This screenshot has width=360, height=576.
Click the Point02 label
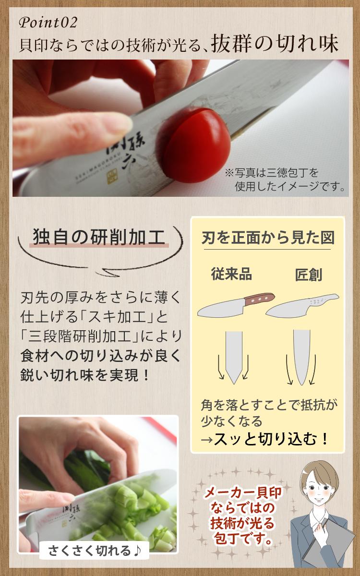[48, 23]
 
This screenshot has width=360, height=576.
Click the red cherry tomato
[195, 146]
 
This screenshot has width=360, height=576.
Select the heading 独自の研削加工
[99, 237]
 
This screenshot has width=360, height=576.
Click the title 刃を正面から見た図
[268, 238]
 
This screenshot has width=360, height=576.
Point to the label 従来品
[231, 274]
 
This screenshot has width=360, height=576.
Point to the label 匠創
[308, 275]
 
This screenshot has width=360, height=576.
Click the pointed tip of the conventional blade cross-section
[234, 384]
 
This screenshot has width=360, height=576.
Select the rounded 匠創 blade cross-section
[301, 358]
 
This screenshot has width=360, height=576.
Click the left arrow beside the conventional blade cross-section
[220, 367]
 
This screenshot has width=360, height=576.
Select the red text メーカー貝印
[242, 492]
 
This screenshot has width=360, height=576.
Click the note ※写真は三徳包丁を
[272, 173]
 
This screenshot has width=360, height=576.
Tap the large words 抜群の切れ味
[275, 44]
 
